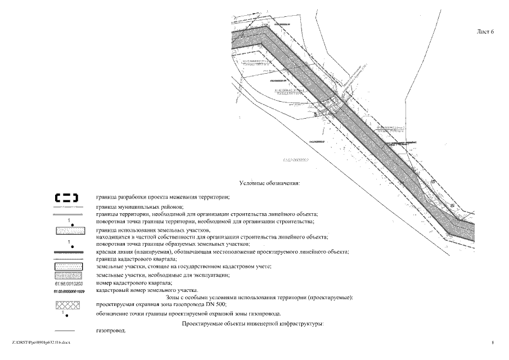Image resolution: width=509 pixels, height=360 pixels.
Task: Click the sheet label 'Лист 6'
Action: (x=484, y=31)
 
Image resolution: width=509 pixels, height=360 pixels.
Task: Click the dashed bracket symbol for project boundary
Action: (x=66, y=197)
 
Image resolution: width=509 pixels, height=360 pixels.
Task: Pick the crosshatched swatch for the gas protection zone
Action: (x=66, y=305)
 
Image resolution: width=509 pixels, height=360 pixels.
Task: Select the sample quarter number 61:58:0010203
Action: (x=66, y=283)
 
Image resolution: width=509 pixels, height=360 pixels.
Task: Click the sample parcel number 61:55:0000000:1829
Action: (x=66, y=291)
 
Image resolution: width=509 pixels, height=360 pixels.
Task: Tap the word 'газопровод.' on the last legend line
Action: (x=111, y=331)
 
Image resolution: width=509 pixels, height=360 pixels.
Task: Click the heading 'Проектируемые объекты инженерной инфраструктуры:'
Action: (x=253, y=324)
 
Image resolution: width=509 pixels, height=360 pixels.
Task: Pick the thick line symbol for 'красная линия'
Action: (x=66, y=252)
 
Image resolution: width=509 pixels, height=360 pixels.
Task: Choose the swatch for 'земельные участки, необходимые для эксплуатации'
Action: (x=66, y=275)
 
